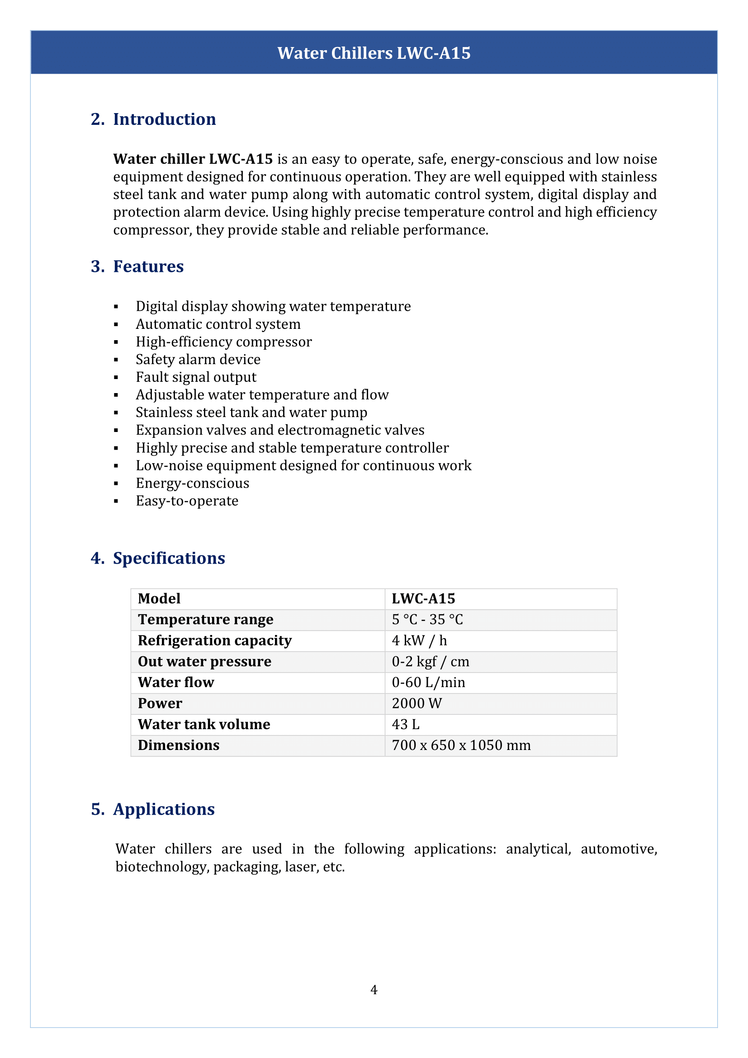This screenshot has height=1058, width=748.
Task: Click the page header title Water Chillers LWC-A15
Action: click(x=374, y=53)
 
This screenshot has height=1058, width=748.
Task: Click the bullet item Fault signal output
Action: click(x=196, y=377)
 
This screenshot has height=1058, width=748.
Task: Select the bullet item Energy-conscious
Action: click(x=192, y=483)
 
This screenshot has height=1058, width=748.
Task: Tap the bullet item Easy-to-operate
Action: click(x=187, y=501)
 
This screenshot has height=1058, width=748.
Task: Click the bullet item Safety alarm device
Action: click(x=198, y=360)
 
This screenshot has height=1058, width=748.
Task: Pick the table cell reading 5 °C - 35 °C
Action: click(x=427, y=620)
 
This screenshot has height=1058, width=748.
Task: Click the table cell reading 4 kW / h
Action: click(x=419, y=640)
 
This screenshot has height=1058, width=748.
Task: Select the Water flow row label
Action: click(x=176, y=683)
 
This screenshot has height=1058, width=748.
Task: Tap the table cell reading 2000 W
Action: click(x=417, y=704)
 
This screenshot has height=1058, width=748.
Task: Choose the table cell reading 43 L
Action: click(x=405, y=724)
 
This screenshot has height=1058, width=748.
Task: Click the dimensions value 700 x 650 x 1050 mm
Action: click(x=461, y=745)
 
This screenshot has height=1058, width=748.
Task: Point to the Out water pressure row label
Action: click(x=204, y=662)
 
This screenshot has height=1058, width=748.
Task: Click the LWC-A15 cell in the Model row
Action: click(x=423, y=598)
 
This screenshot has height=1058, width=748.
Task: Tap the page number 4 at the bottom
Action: click(x=374, y=989)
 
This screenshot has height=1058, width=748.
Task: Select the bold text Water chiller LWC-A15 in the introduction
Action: click(x=193, y=159)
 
